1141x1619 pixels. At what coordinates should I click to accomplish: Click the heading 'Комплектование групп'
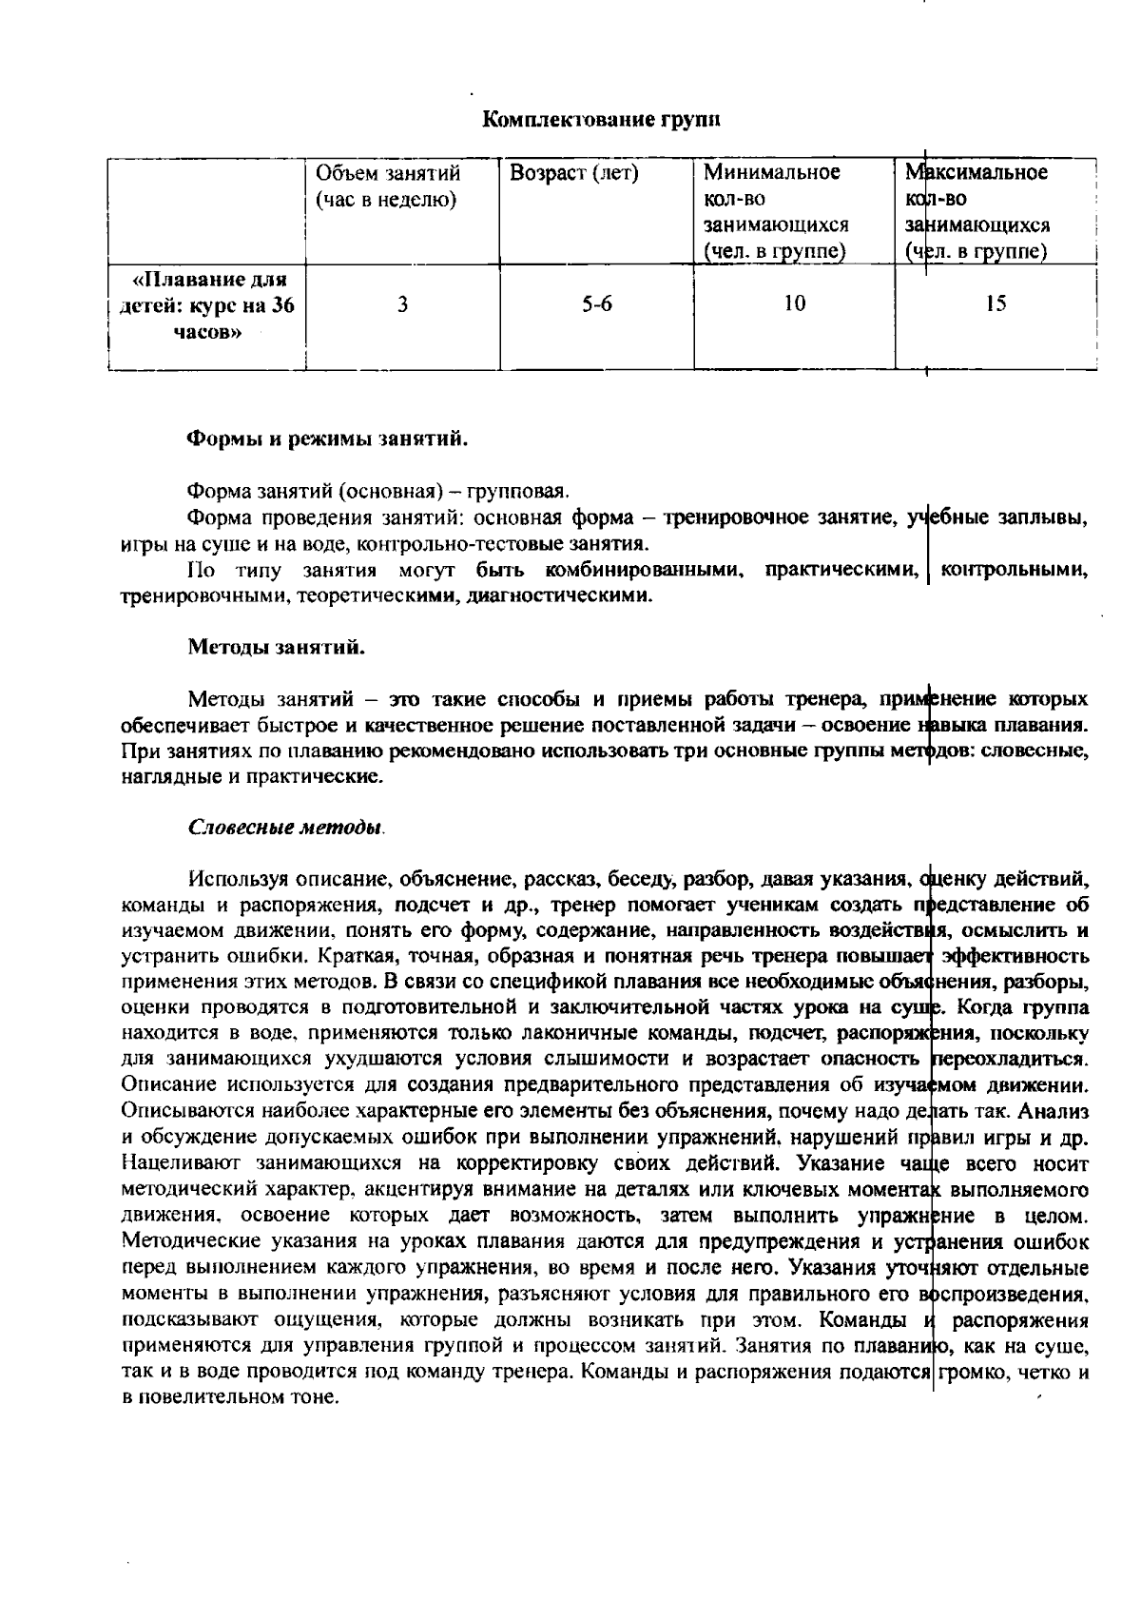coord(601,119)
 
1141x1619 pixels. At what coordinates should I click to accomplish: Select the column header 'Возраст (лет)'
coord(573,173)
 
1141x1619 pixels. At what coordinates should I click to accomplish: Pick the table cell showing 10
coord(794,303)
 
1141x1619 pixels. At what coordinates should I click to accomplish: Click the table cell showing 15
coord(996,303)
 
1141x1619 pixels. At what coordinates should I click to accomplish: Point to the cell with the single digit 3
coord(403,304)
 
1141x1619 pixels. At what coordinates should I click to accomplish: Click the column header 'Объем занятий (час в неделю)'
coord(388,186)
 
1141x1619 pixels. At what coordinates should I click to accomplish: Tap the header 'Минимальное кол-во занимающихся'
coord(775,211)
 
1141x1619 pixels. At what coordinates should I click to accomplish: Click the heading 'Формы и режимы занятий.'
coord(327,439)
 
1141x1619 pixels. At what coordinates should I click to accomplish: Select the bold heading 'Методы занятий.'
coord(276,648)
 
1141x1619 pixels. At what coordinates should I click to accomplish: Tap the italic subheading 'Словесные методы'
coord(285,826)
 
